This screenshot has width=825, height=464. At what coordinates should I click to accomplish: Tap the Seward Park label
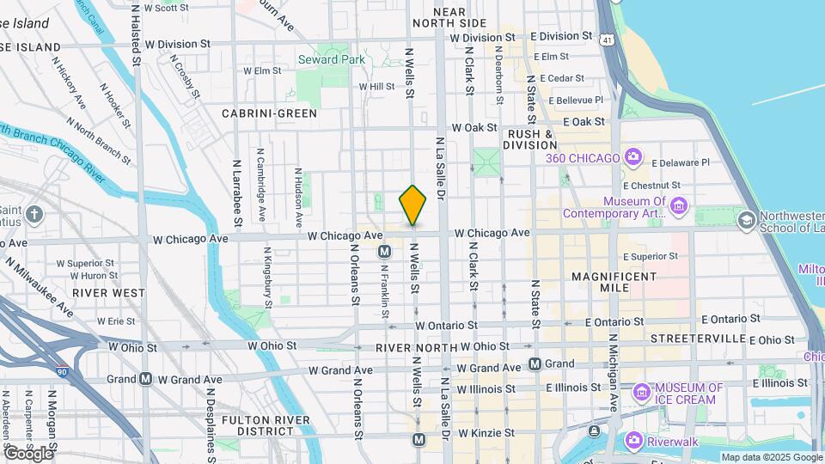[x=331, y=59]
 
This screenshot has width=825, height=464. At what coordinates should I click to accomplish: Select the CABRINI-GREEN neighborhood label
[x=269, y=113]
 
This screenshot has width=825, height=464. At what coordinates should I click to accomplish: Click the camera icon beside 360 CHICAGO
[x=633, y=157]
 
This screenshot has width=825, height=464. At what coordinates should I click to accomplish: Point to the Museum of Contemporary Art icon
[x=679, y=205]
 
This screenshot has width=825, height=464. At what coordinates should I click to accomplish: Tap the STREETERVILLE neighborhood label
[x=697, y=339]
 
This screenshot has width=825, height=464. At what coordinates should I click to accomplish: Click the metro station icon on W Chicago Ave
[x=385, y=252]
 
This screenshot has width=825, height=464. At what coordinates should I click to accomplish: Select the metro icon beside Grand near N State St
[x=534, y=363]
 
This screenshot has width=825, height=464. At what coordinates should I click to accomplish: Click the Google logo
[x=27, y=453]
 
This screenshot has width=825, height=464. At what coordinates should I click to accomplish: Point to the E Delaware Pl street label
[x=681, y=162]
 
